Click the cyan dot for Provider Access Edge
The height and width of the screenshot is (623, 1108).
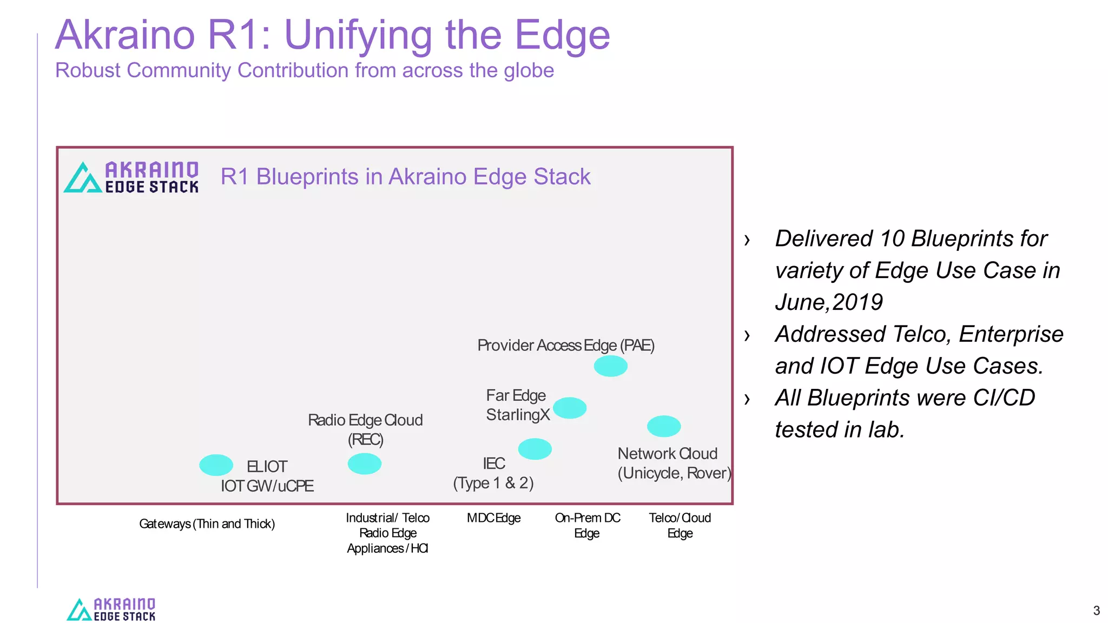point(610,366)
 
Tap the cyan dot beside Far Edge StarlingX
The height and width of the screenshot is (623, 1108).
point(569,408)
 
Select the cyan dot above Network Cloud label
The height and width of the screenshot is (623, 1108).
point(663,426)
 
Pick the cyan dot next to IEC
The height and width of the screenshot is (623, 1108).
point(535,449)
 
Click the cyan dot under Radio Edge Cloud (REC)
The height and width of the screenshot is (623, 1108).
point(364,463)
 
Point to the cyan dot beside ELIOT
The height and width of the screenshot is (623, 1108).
point(216,465)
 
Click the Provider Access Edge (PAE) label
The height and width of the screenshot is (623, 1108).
point(565,346)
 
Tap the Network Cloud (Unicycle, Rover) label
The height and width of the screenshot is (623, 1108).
point(674,463)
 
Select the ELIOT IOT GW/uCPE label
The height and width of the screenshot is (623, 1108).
point(267,476)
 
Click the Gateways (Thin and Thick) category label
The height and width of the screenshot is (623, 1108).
point(207,523)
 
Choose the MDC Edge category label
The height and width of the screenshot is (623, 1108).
point(493,518)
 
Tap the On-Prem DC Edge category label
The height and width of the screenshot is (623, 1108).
point(588,525)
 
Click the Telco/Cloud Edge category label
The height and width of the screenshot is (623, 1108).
point(680,525)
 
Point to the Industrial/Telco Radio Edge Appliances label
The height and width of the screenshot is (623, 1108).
point(387,533)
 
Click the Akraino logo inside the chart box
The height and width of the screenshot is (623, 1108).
point(131,177)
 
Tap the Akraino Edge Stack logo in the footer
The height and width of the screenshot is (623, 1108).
point(111,609)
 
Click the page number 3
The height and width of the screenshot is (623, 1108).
point(1096,611)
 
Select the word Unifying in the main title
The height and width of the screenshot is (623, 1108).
point(357,36)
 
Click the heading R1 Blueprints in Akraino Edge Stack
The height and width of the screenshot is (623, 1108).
point(405,177)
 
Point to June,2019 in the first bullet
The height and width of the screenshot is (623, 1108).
point(829,302)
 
